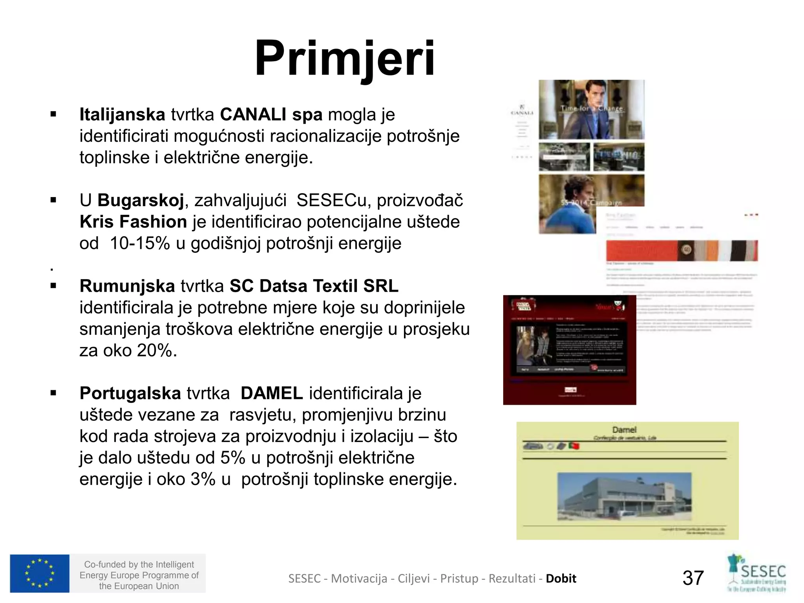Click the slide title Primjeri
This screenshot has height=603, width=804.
(345, 59)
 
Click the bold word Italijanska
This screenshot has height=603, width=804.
(122, 115)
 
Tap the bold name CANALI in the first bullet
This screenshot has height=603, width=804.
(253, 115)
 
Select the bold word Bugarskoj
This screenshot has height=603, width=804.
(141, 200)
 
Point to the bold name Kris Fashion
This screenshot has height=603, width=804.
(133, 222)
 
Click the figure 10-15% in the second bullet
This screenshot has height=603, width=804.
(139, 243)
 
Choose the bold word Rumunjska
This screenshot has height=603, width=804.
(127, 286)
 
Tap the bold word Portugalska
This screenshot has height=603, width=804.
(130, 393)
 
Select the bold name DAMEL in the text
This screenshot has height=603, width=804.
(272, 393)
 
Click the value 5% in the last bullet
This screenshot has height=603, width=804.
(232, 458)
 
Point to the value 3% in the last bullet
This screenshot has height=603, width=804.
(203, 479)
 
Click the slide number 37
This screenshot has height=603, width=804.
(693, 578)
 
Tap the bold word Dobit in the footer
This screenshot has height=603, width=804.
(561, 578)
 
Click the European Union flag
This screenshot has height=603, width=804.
(40, 573)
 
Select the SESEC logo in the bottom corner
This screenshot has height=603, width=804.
(757, 573)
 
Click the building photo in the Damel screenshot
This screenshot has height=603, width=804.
(624, 496)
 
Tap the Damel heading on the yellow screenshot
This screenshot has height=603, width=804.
(624, 430)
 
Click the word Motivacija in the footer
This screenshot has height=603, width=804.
(359, 578)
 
